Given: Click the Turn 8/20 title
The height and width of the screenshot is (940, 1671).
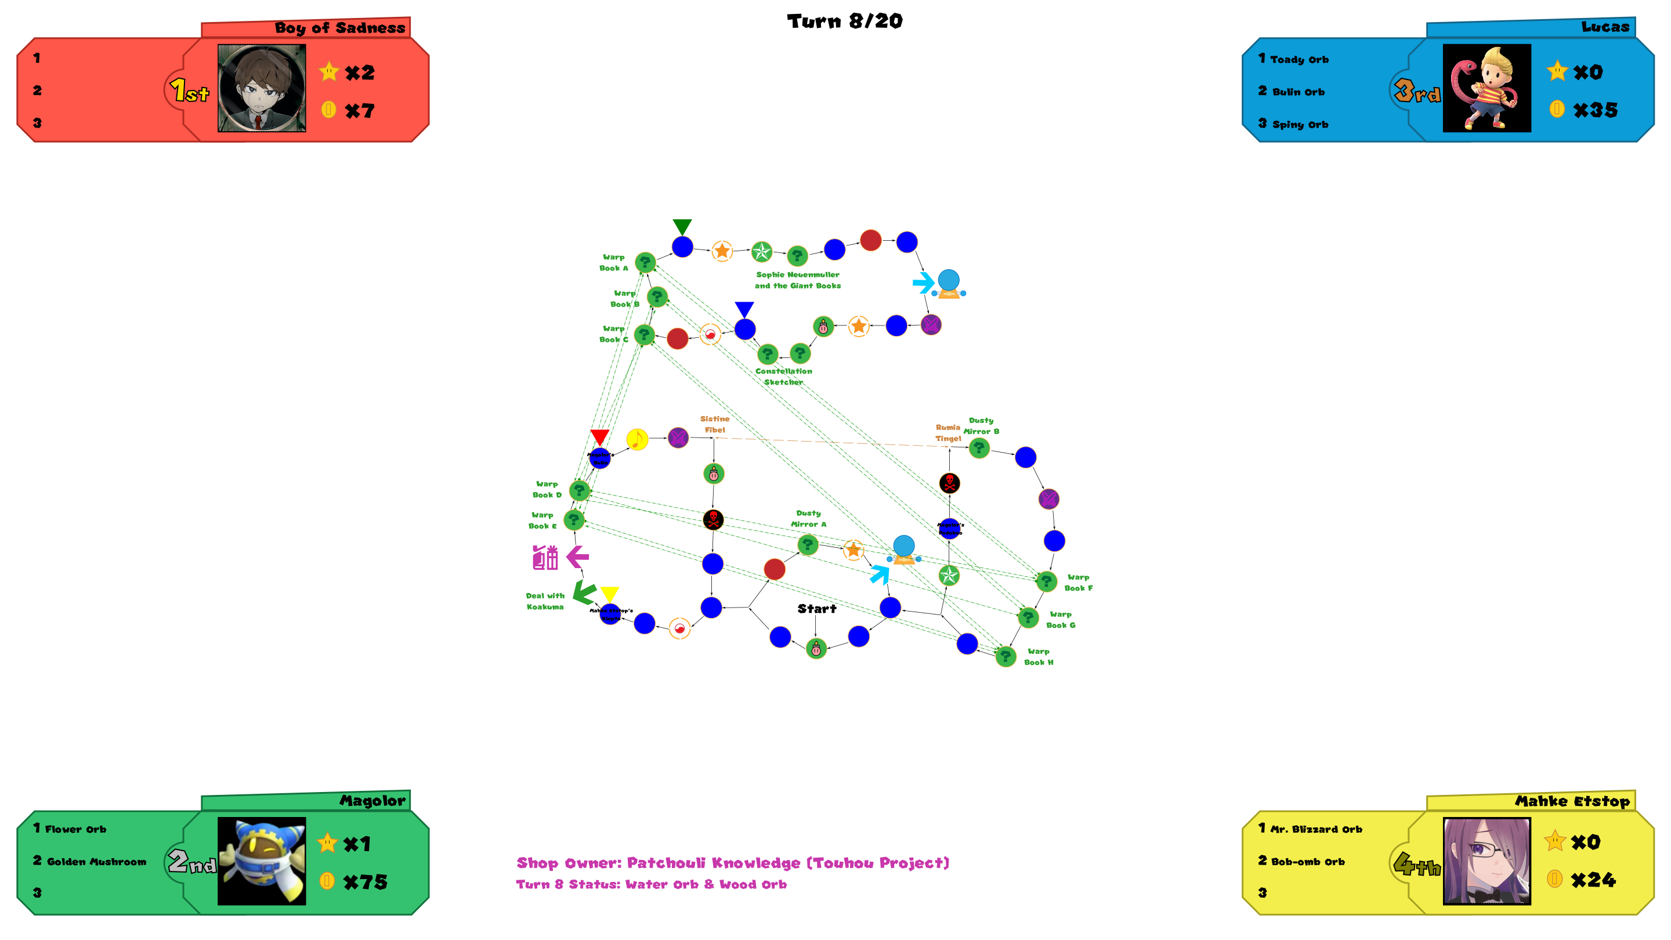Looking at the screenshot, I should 844,21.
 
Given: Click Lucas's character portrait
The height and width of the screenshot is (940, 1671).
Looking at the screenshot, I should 1486,88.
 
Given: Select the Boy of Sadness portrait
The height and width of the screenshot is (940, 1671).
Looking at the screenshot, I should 262,88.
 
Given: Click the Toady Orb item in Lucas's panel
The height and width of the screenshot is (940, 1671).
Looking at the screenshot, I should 1299,60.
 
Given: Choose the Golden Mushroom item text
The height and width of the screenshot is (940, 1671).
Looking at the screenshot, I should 96,862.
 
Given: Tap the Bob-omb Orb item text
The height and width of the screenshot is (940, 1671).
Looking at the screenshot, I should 1308,862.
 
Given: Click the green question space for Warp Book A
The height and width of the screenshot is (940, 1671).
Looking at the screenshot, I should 645,262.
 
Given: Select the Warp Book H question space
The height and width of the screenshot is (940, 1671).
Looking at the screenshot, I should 1006,656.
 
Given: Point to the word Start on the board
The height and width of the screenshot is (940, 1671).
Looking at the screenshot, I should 817,609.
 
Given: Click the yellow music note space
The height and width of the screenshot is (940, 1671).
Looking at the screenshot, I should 637,439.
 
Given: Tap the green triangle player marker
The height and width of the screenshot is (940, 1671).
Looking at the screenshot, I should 682,226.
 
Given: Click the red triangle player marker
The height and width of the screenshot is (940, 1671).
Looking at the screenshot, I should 599,436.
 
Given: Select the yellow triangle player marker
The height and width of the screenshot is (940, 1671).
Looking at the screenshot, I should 609,594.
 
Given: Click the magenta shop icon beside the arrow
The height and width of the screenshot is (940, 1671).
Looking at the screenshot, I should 545,557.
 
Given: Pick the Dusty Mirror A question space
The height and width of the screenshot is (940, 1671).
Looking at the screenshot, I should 807,544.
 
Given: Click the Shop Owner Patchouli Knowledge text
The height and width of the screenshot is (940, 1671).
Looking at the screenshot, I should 732,863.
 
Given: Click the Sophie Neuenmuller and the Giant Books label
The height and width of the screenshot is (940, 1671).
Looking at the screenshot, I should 797,280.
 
